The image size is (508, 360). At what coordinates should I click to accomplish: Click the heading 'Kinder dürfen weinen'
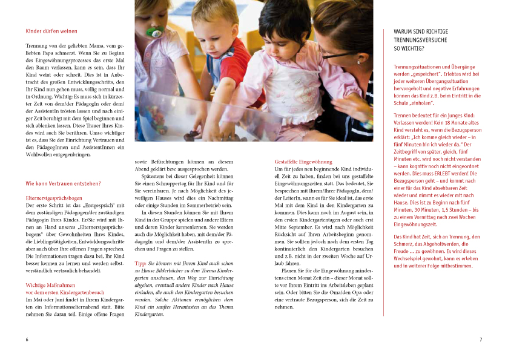pos(51,31)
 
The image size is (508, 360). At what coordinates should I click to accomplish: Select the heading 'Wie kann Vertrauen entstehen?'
pos(63,183)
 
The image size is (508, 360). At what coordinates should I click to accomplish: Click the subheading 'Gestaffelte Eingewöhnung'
pos(303,162)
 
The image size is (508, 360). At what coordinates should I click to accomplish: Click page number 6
pos(27,339)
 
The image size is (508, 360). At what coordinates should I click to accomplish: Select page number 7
pos(481,339)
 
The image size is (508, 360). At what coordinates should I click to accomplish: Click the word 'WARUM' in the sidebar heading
pos(404,31)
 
